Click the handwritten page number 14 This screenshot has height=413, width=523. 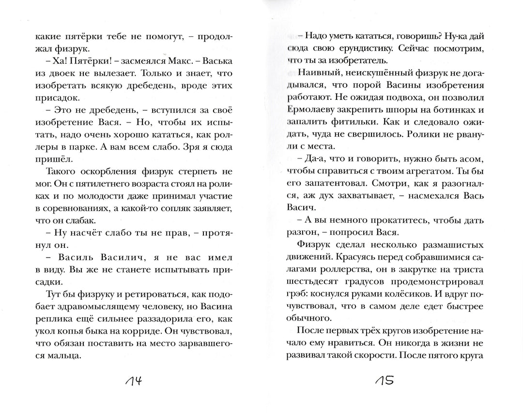click(130, 382)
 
